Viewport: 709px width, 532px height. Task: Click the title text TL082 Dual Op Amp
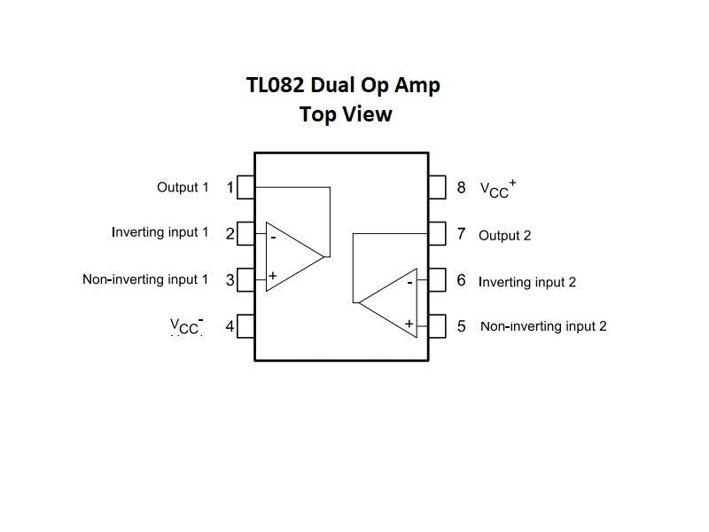343,86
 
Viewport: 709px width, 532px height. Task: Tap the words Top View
346,114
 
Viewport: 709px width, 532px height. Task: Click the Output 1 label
183,187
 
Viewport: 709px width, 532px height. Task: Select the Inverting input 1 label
160,232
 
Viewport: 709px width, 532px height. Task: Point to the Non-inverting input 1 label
145,279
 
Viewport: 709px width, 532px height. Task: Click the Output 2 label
504,236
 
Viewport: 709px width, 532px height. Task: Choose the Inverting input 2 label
527,282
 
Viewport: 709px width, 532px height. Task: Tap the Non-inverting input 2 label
543,326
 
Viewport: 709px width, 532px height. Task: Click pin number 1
230,188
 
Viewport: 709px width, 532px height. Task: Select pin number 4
230,326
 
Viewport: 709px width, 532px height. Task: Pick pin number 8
461,187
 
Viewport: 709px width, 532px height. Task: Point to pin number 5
461,326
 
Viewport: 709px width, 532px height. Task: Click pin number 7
461,234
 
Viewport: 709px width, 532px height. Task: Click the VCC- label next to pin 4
187,326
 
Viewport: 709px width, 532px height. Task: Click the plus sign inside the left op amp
273,276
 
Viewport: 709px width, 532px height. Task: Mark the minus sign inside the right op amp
409,283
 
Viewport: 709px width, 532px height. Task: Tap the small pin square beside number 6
437,280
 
